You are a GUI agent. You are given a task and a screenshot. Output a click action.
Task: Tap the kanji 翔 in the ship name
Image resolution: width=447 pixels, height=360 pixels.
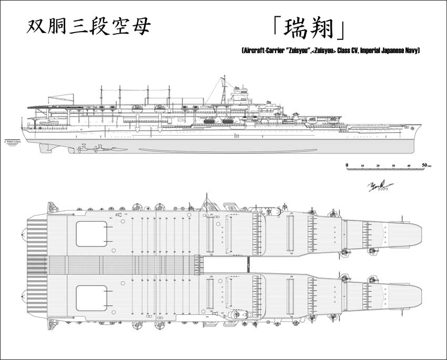click(x=323, y=29)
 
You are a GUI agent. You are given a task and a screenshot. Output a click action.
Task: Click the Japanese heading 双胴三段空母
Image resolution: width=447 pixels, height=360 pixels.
click(x=88, y=26)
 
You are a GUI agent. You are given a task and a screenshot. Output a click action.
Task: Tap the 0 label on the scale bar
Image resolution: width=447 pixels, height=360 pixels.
click(x=347, y=165)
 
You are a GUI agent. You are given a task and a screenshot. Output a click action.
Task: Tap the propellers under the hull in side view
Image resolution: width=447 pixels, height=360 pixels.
click(x=89, y=149)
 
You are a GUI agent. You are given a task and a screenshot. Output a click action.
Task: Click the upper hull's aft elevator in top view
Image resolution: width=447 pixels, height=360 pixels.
click(x=92, y=234)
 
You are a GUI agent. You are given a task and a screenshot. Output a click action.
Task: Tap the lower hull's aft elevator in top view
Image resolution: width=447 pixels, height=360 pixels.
click(x=92, y=298)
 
